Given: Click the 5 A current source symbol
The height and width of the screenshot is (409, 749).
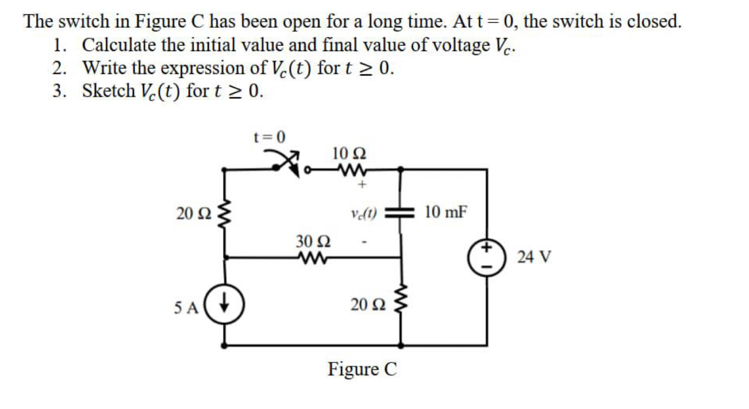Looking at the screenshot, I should click(x=224, y=306).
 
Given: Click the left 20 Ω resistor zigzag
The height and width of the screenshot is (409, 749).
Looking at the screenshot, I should click(x=224, y=214).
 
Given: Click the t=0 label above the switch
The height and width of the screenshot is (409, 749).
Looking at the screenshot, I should click(x=269, y=137).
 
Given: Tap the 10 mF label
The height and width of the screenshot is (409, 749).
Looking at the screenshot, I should click(x=445, y=212).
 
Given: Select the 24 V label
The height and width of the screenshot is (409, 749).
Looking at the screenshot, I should click(x=534, y=256).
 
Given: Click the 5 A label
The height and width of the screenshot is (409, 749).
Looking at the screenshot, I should click(x=186, y=308).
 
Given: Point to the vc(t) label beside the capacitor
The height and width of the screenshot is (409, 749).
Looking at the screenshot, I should click(x=364, y=213).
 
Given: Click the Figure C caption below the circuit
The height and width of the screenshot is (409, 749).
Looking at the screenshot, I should click(x=362, y=369).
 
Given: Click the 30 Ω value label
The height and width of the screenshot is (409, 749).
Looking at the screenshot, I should click(x=313, y=241).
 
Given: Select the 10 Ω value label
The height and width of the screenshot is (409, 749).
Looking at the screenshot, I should click(x=349, y=154).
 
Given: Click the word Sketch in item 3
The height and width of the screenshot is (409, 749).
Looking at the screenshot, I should click(x=108, y=91).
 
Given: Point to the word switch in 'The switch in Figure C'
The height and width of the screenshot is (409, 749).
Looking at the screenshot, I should click(x=88, y=21).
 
